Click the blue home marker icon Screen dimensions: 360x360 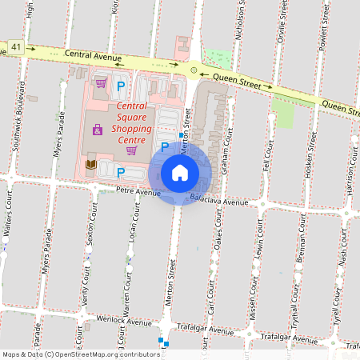[180, 173]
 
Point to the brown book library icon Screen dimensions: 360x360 [91, 164]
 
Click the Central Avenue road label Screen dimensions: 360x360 [93, 55]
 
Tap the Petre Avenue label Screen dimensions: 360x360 [138, 192]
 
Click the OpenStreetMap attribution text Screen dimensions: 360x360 [80, 354]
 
